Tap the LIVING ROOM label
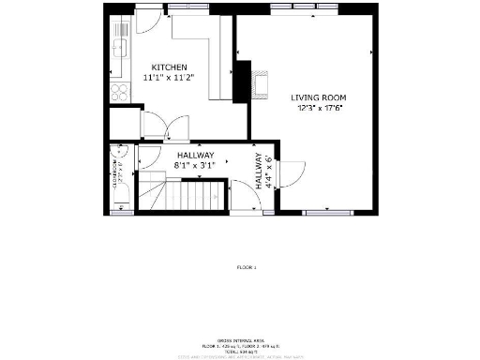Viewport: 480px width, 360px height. pos(317,97)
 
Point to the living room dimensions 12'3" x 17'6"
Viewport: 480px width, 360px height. pos(317,108)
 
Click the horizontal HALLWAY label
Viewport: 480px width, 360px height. pos(195,156)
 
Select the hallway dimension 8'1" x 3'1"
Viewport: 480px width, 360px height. pos(195,166)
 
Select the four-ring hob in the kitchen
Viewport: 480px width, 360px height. pos(120,92)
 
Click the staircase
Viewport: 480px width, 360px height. pos(187,196)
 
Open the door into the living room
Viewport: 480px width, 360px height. pos(291,173)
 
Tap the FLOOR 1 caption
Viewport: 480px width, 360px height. pos(246,267)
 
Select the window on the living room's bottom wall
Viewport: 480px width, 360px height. pos(322,214)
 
